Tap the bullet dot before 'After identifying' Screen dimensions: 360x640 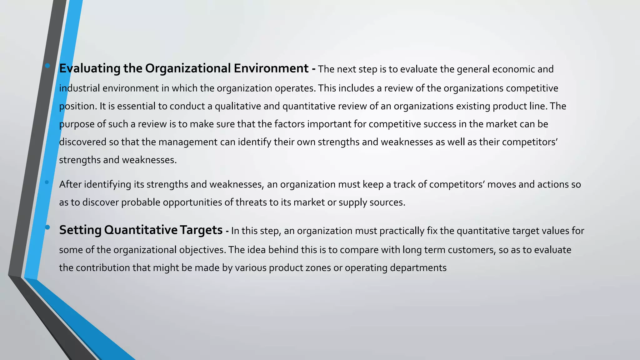coord(47,182)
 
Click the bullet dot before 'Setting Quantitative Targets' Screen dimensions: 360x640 coord(47,227)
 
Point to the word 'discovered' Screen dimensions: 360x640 coord(82,142)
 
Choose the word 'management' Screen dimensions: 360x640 coord(187,142)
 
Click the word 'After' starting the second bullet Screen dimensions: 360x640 coord(70,184)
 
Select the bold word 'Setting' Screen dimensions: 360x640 coord(80,230)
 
